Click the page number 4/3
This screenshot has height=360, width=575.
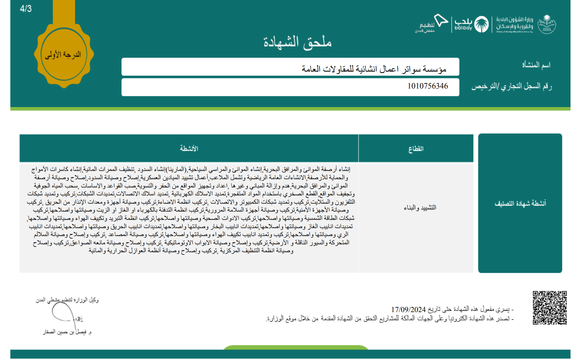[x=26, y=9]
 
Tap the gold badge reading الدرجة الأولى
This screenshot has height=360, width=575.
[x=63, y=55]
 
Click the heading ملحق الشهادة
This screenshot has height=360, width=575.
[x=297, y=42]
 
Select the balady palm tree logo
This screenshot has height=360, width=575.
[x=481, y=24]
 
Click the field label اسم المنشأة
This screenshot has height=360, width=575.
[x=536, y=65]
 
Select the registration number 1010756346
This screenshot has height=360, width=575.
[x=427, y=86]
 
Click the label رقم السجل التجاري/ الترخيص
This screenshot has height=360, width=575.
[x=512, y=86]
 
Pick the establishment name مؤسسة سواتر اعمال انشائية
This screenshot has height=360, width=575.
[x=374, y=69]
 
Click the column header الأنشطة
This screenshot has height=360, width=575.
[x=189, y=148]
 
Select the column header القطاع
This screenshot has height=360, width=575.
[x=416, y=148]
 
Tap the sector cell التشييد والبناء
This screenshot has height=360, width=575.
[x=420, y=207]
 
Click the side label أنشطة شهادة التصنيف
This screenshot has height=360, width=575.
[x=520, y=203]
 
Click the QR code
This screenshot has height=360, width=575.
[x=549, y=308]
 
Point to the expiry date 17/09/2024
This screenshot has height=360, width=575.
[x=408, y=309]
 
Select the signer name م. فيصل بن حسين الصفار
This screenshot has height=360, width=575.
[x=67, y=332]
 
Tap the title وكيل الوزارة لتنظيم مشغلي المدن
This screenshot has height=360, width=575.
[x=67, y=300]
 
